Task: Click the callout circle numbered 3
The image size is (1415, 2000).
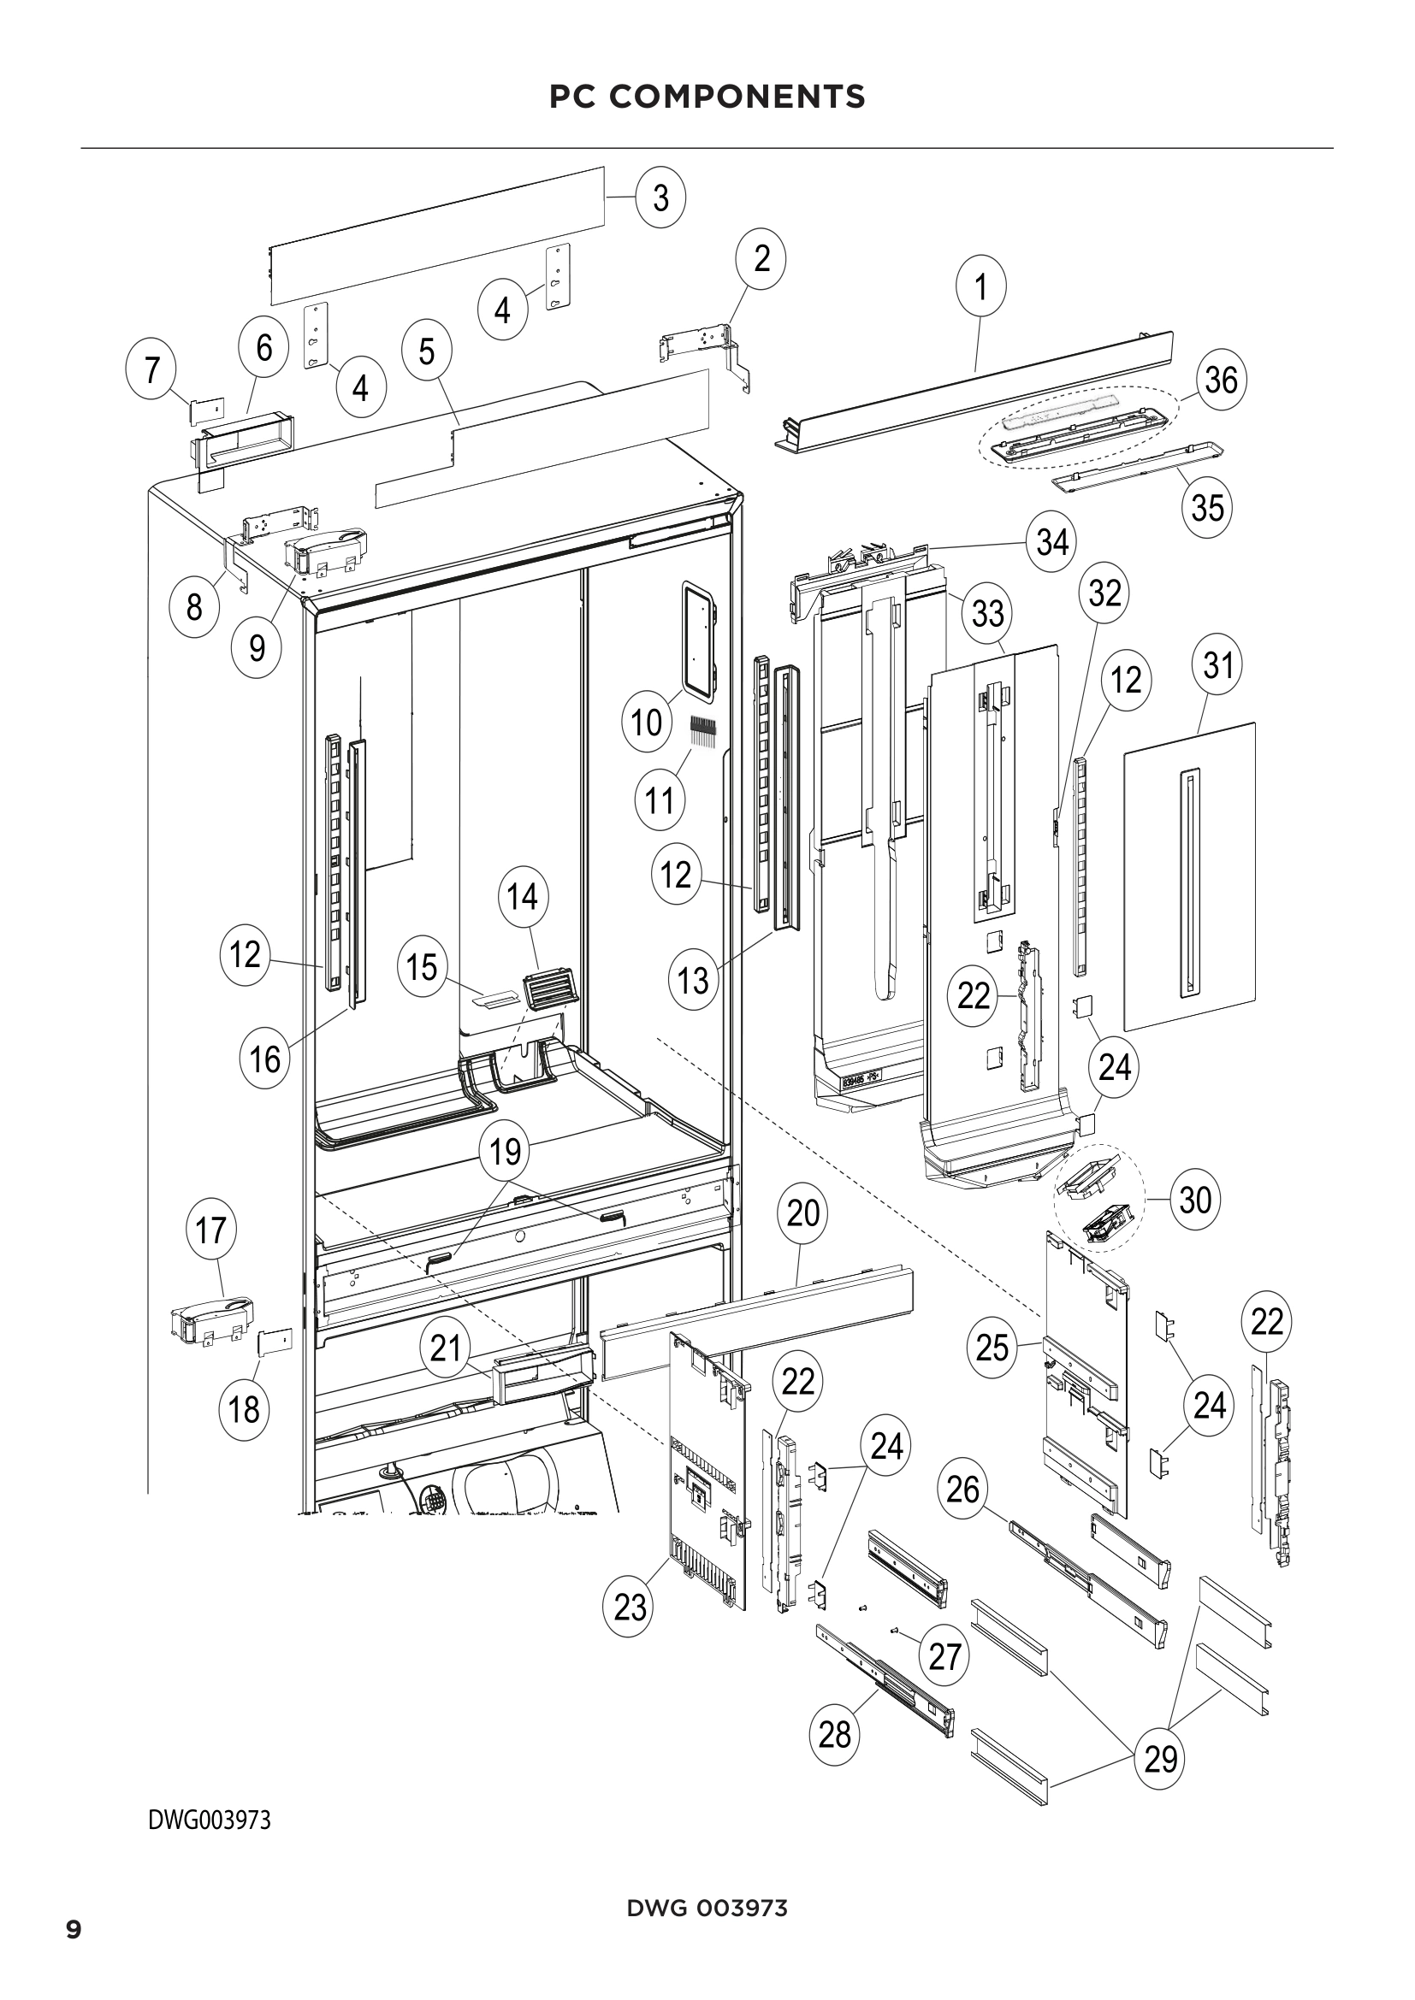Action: click(x=660, y=198)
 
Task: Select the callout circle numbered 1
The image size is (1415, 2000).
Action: click(x=981, y=286)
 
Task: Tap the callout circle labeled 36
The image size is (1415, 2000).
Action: click(x=1221, y=380)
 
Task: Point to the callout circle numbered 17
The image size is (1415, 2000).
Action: click(x=210, y=1230)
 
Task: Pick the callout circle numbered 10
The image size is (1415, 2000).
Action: click(x=647, y=723)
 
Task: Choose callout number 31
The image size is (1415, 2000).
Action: click(x=1217, y=665)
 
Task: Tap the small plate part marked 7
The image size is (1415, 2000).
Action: click(x=207, y=408)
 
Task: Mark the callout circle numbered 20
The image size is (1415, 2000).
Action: click(x=802, y=1212)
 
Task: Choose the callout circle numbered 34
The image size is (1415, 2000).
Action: click(x=1051, y=542)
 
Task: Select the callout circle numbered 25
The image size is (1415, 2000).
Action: click(x=992, y=1348)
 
